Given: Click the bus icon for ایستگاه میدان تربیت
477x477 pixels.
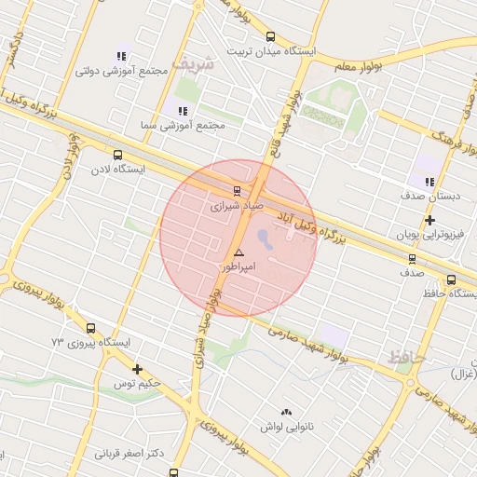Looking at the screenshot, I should pos(270,37).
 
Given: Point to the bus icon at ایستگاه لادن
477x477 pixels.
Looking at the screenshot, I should pos(117,156).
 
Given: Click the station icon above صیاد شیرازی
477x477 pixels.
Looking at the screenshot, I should pos(236,187).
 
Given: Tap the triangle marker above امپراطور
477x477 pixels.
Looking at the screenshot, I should pos(239,252).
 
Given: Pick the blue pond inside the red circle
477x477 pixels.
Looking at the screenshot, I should pos(265,239).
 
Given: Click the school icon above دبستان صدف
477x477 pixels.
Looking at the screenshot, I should pos(429,182).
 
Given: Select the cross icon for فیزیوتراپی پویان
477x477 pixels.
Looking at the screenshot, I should pos(429,221).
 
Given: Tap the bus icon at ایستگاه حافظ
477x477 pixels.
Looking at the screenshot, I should pos(451,279).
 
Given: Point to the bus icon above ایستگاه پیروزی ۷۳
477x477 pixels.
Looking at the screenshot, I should pos(90,328).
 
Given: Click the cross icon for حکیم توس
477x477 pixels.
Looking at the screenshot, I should pos(138,370).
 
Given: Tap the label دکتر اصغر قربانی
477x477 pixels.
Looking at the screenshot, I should pos(130,454).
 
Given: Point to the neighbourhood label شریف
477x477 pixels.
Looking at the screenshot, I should pos(200,65).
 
